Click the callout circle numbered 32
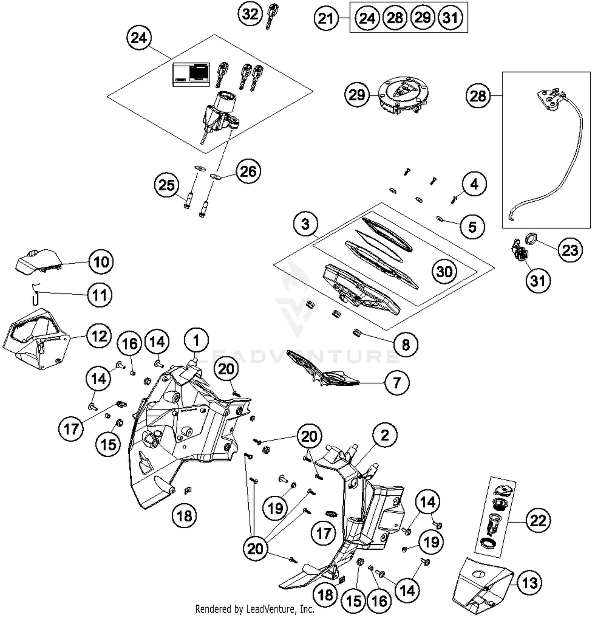[x=250, y=14]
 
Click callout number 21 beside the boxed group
[x=326, y=18]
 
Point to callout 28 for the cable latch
[x=478, y=96]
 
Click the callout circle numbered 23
[x=570, y=250]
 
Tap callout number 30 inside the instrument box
[x=444, y=271]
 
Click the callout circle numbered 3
[x=305, y=224]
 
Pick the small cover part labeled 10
[x=38, y=262]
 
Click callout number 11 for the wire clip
[x=100, y=295]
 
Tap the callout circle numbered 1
[x=196, y=340]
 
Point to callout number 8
[x=405, y=344]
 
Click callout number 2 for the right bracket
[x=385, y=435]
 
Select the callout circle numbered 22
[x=538, y=520]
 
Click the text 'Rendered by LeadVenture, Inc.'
[x=255, y=609]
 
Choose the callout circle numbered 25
[x=167, y=185]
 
